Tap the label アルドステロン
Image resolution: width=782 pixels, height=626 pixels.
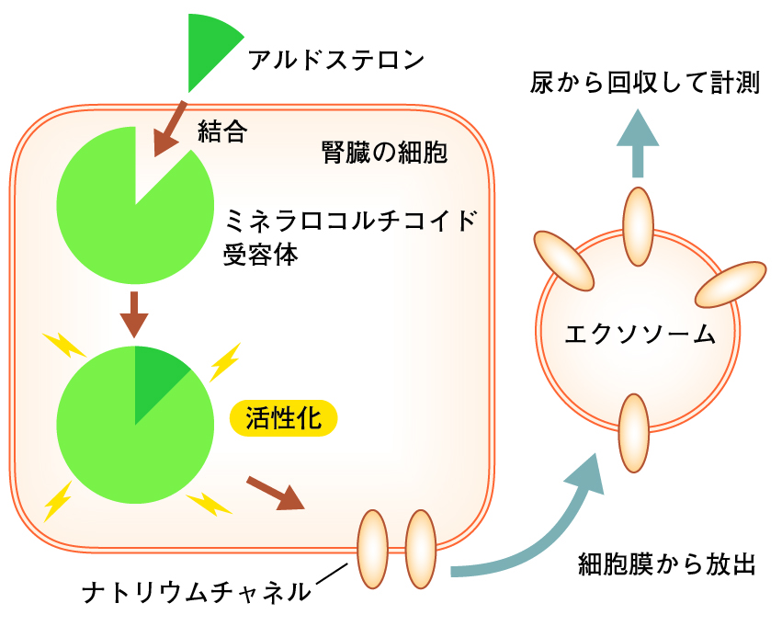[336, 60]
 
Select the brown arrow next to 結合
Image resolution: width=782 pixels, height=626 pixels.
[169, 130]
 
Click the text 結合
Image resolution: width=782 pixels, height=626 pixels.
[222, 131]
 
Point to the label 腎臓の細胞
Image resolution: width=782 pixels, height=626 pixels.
[384, 153]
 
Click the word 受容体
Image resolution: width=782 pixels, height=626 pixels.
[260, 255]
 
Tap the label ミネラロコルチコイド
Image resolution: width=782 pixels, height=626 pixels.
[351, 221]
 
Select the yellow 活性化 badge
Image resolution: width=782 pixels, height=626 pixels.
[283, 418]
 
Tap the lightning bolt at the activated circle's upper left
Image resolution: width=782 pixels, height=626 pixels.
[65, 345]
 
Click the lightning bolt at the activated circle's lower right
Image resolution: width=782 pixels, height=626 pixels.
[209, 504]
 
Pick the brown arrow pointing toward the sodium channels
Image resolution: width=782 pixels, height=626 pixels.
[276, 494]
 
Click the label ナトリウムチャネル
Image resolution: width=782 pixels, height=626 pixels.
[196, 593]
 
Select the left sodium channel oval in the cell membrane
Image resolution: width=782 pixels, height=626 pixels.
[373, 549]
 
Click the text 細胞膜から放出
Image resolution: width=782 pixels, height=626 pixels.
[667, 564]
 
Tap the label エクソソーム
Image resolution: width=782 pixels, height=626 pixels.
[640, 334]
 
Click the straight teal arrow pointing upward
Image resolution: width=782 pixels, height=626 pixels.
[638, 143]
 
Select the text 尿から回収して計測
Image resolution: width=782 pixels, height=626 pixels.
[645, 83]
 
